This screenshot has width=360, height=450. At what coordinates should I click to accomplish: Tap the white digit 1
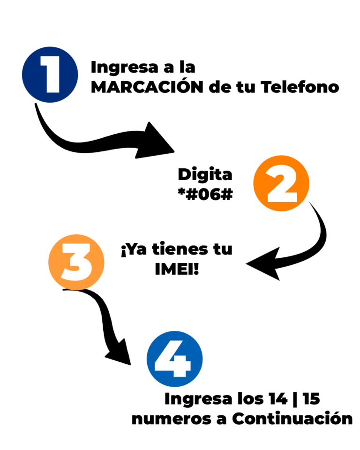[52, 75]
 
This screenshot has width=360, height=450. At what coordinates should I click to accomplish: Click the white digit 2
[282, 185]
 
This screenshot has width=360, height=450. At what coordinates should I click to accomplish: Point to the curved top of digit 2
[282, 172]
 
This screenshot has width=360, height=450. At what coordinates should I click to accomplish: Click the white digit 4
[173, 359]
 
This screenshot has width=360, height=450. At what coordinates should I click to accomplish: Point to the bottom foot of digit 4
[179, 374]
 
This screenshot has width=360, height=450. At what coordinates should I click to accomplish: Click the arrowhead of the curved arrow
[265, 264]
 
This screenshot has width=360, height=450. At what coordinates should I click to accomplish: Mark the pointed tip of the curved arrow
[246, 264]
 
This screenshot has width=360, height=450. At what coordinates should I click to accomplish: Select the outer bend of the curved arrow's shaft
[324, 234]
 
